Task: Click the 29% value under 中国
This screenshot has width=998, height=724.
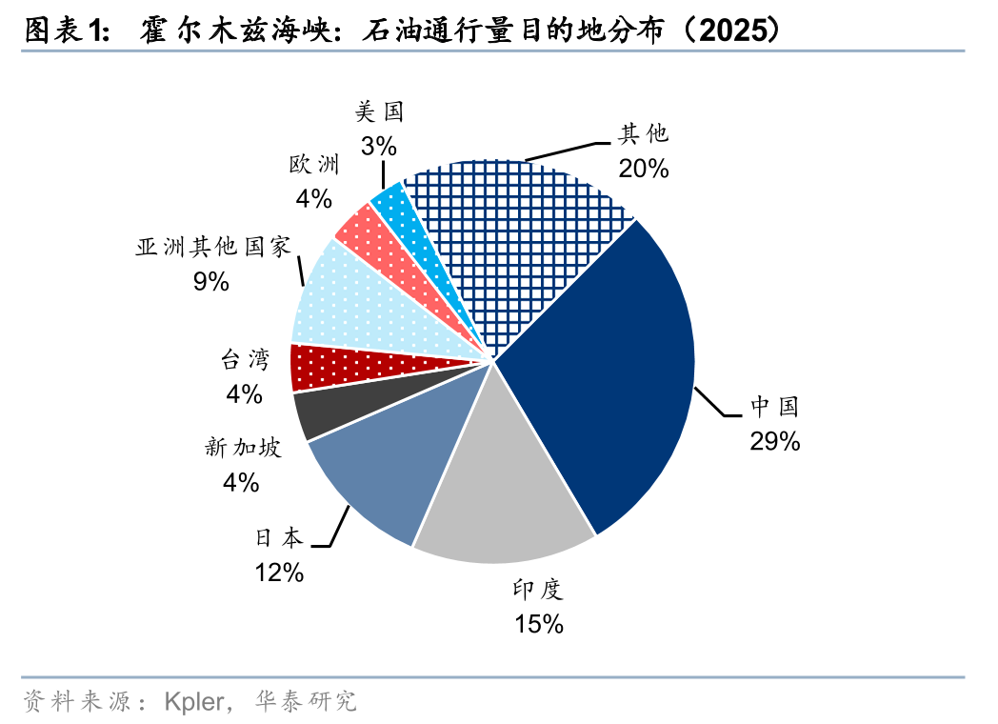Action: pyautogui.click(x=773, y=441)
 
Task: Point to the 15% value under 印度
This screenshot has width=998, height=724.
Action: pyautogui.click(x=539, y=624)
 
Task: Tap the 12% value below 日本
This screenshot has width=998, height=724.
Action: pyautogui.click(x=278, y=573)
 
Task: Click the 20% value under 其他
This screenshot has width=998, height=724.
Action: pyautogui.click(x=644, y=169)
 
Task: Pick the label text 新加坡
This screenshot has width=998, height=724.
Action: pyautogui.click(x=243, y=448)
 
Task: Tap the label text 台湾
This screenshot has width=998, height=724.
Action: pyautogui.click(x=244, y=359)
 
